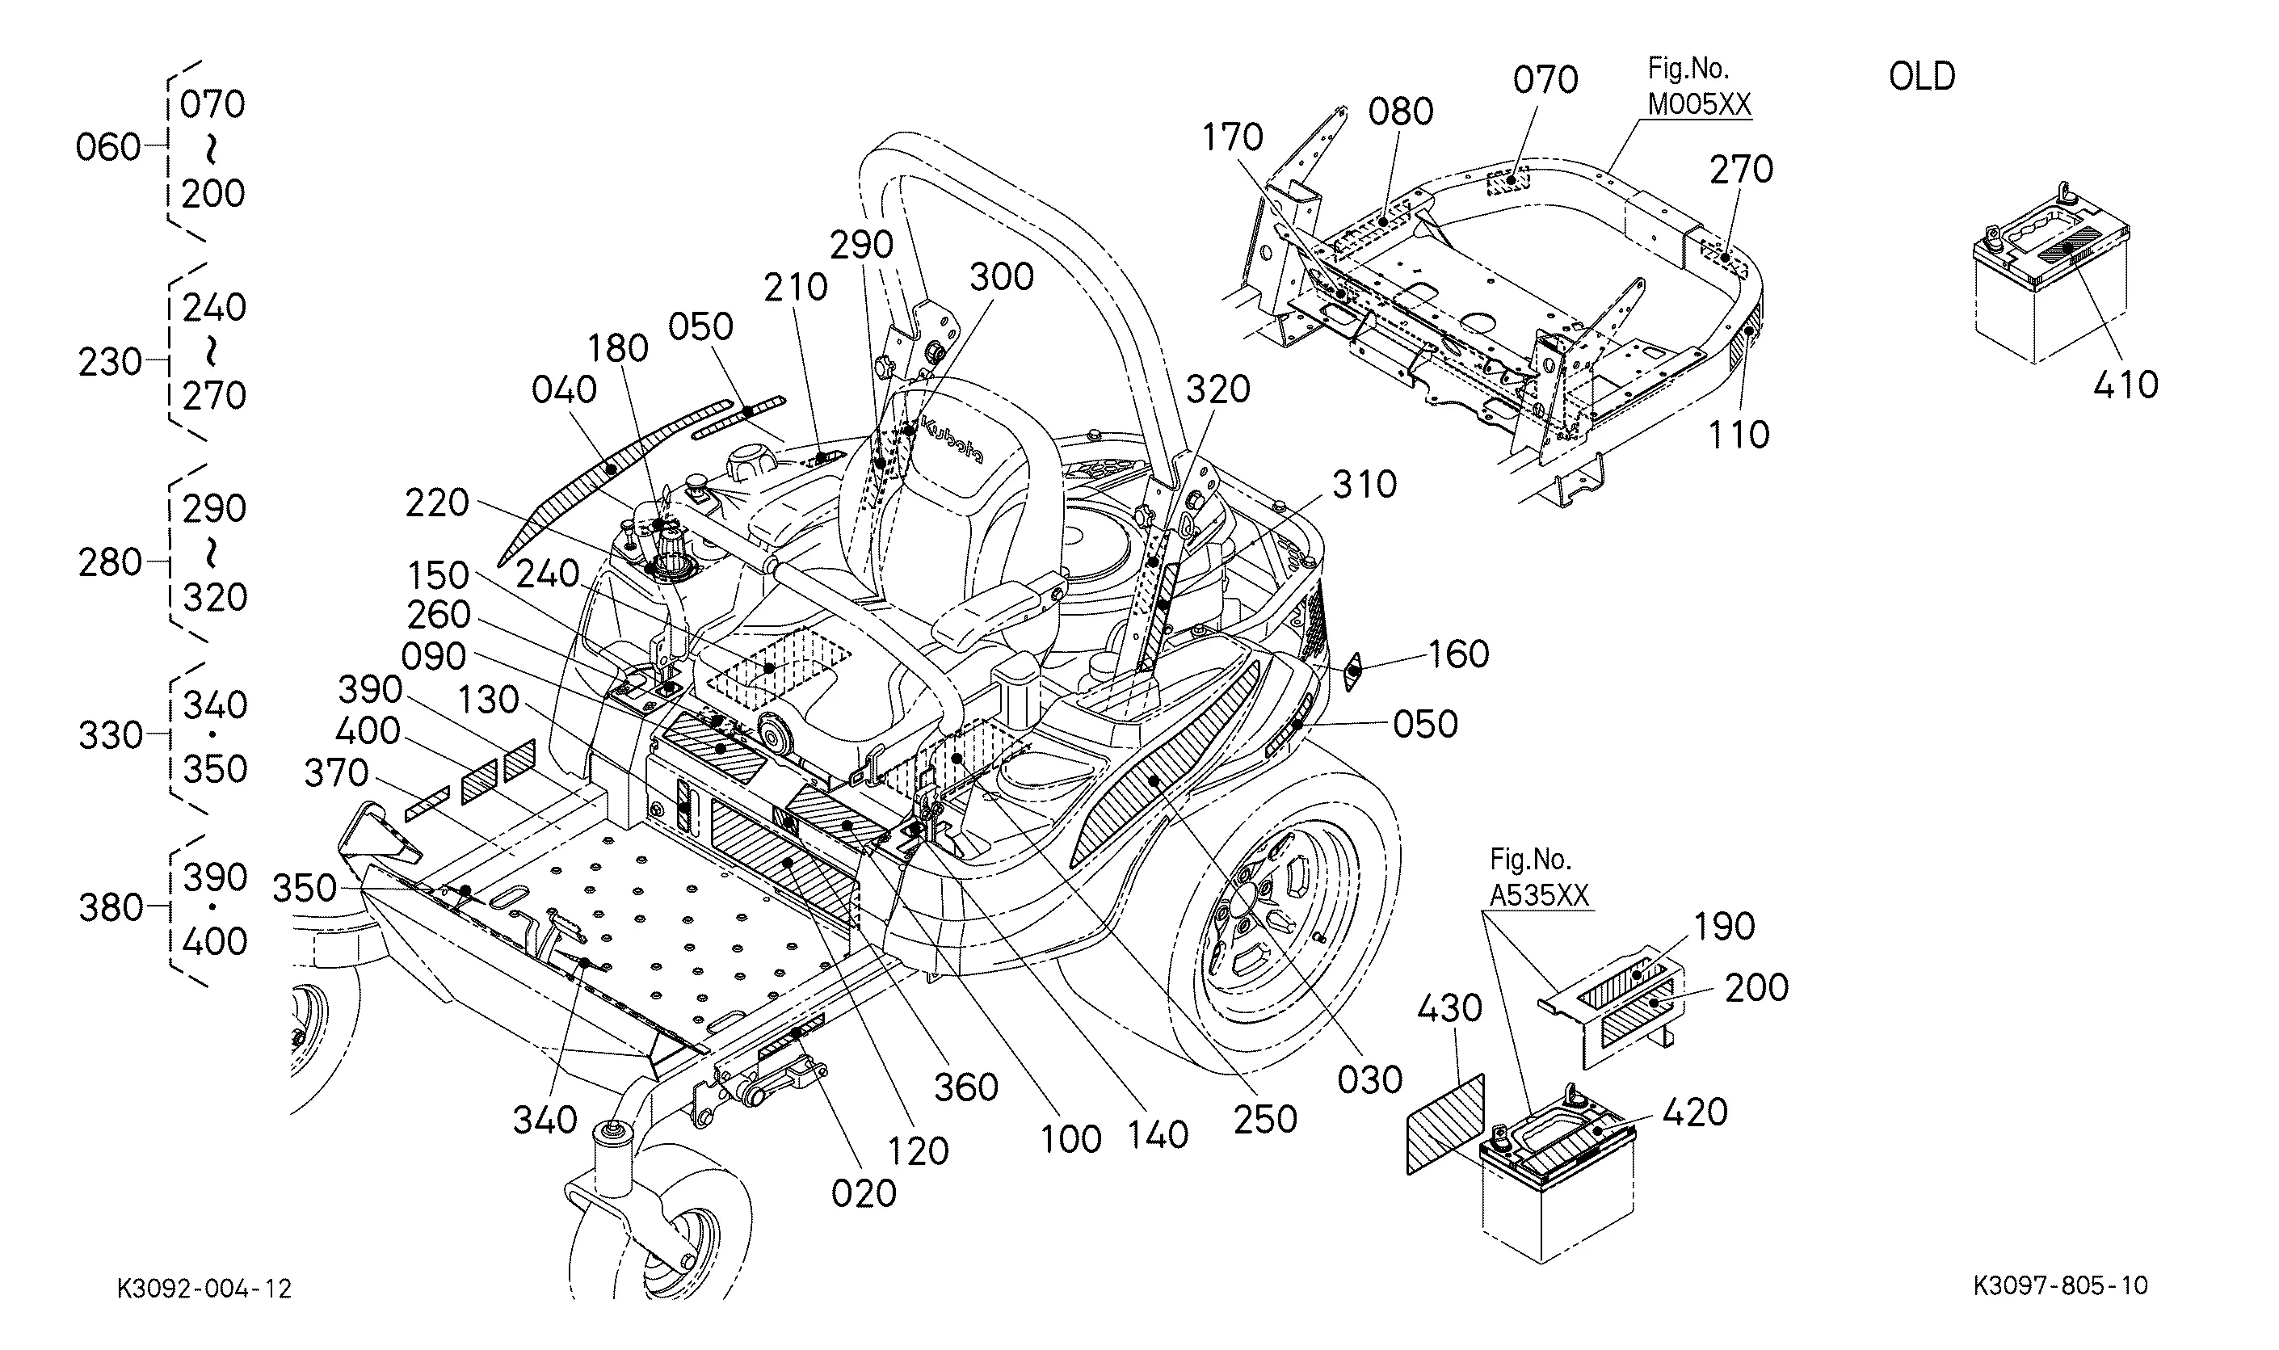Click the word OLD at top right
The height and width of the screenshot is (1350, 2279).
1922,77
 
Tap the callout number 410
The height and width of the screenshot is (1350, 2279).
2126,385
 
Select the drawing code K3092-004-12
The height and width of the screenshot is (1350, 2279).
204,1288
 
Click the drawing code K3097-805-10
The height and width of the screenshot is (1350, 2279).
2060,1285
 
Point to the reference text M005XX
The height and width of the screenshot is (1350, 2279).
1699,104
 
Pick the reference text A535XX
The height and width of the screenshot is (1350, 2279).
1539,896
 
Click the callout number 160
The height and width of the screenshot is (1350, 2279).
1457,654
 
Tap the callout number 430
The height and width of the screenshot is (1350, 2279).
1449,1008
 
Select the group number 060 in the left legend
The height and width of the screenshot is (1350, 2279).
107,147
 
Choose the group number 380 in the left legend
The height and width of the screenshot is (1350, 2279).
110,907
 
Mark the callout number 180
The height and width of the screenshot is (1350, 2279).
617,348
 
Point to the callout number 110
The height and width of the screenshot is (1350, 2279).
1739,435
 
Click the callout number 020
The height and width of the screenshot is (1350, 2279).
864,1192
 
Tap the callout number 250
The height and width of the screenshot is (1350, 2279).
1265,1119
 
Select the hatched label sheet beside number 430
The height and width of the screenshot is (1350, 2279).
1445,1125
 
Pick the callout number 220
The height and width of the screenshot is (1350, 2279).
436,503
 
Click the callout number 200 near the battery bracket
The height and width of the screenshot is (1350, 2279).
1756,987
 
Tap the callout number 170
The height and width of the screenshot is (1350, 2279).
1232,137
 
